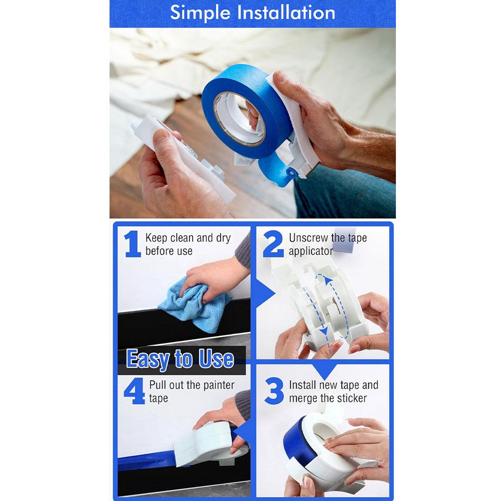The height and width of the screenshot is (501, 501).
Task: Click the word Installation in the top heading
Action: (x=286, y=13)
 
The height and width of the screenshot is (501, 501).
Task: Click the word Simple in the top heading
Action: (x=200, y=13)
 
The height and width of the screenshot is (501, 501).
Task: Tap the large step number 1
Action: (x=132, y=244)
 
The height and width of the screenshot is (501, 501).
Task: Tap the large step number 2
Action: (x=273, y=244)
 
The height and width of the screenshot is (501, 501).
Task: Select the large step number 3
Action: (x=274, y=391)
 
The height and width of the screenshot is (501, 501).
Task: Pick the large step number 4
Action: (x=134, y=391)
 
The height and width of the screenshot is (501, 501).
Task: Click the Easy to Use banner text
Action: (x=180, y=360)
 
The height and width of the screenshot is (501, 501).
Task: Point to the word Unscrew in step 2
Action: (x=308, y=238)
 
